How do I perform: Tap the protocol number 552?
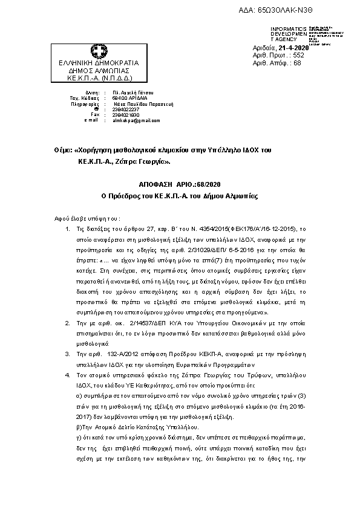click(x=298, y=55)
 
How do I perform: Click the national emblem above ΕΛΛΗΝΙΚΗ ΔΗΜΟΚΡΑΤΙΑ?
click(x=98, y=51)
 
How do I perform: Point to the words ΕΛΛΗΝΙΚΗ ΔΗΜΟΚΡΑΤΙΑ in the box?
click(x=98, y=63)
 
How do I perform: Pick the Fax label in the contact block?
click(x=94, y=114)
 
